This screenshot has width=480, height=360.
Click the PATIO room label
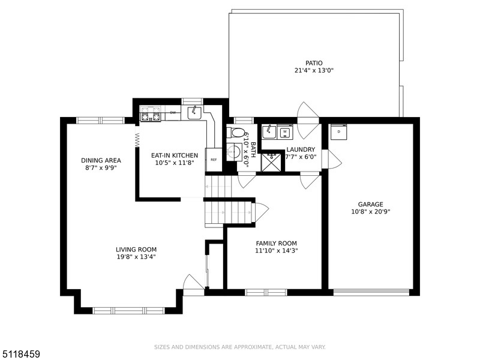pos(314,63)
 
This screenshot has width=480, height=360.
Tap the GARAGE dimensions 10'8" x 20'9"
pos(370,212)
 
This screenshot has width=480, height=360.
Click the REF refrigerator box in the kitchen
pos(214,160)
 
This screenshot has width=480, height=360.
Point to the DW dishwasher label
pos(173,112)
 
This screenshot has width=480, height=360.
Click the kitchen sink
pos(194,113)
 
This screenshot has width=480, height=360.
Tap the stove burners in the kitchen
pos(151,113)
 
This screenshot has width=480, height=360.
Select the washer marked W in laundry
pos(285,132)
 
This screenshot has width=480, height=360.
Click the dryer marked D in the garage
pos(338,131)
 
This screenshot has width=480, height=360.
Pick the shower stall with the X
pos(271,162)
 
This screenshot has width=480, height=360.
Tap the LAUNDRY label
pos(301,149)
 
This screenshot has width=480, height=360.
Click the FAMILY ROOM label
pos(277,244)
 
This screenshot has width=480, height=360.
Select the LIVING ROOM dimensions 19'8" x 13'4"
pos(136,257)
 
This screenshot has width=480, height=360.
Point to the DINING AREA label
pos(101,160)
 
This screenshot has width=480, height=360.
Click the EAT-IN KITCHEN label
pos(175,155)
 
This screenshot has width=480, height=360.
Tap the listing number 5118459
pos(20,354)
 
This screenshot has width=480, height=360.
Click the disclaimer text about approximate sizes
pos(239,347)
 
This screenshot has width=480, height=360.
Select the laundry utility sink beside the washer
pos(269,132)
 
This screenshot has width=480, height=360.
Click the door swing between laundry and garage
pos(332,159)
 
